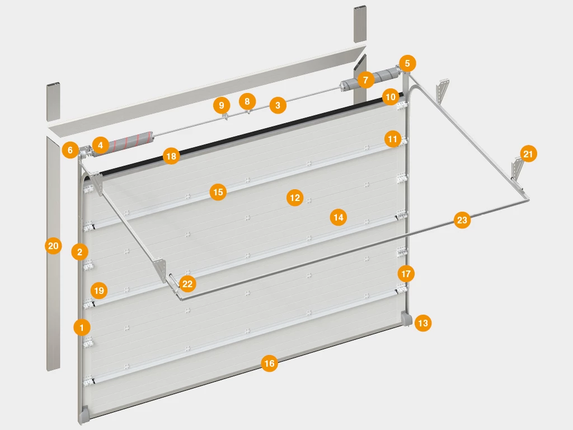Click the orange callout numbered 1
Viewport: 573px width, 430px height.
coord(82,327)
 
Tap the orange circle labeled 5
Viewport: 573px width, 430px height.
coord(407,63)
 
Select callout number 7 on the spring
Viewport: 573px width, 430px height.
coord(366,80)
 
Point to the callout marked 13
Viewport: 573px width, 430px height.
coord(423,323)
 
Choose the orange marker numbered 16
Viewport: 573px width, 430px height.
coord(269,363)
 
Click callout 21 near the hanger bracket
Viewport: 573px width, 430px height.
coord(528,154)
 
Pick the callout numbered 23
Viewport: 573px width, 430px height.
coord(462,220)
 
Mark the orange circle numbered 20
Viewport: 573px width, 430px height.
coord(53,246)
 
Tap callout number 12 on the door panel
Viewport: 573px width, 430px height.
coord(295,198)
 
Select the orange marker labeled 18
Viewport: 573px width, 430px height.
coord(171,157)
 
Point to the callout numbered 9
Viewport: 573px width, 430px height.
coord(222,106)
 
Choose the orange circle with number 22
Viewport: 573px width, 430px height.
coord(187,284)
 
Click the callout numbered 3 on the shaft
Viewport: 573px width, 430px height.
coord(278,105)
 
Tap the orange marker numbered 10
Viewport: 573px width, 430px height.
coord(390,97)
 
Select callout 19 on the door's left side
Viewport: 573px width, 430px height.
coord(99,291)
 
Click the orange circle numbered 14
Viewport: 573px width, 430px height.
coord(339,218)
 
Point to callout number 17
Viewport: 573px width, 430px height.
coord(406,274)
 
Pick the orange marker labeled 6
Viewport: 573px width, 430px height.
coord(70,150)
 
